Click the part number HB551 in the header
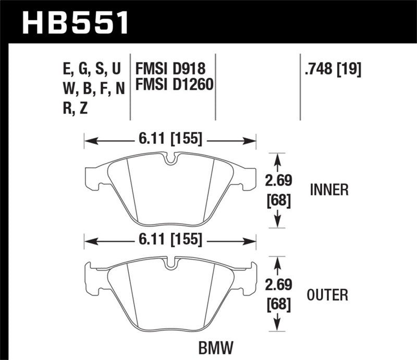(x=74, y=22)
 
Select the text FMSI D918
(x=170, y=69)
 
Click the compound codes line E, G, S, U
(x=91, y=69)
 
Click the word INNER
(x=329, y=190)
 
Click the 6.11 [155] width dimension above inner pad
(x=170, y=140)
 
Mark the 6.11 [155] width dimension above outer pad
(x=170, y=241)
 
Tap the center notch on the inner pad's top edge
(x=170, y=158)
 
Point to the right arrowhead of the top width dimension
(x=252, y=140)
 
